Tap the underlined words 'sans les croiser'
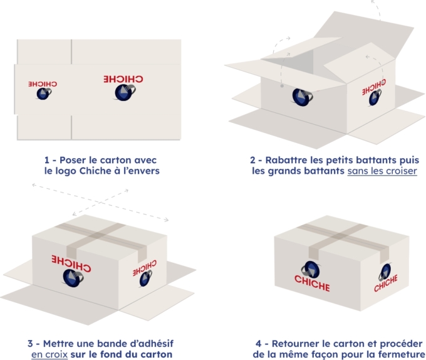(x=382, y=171)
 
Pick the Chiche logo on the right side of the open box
(x=375, y=91)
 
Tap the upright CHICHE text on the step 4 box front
(x=312, y=286)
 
